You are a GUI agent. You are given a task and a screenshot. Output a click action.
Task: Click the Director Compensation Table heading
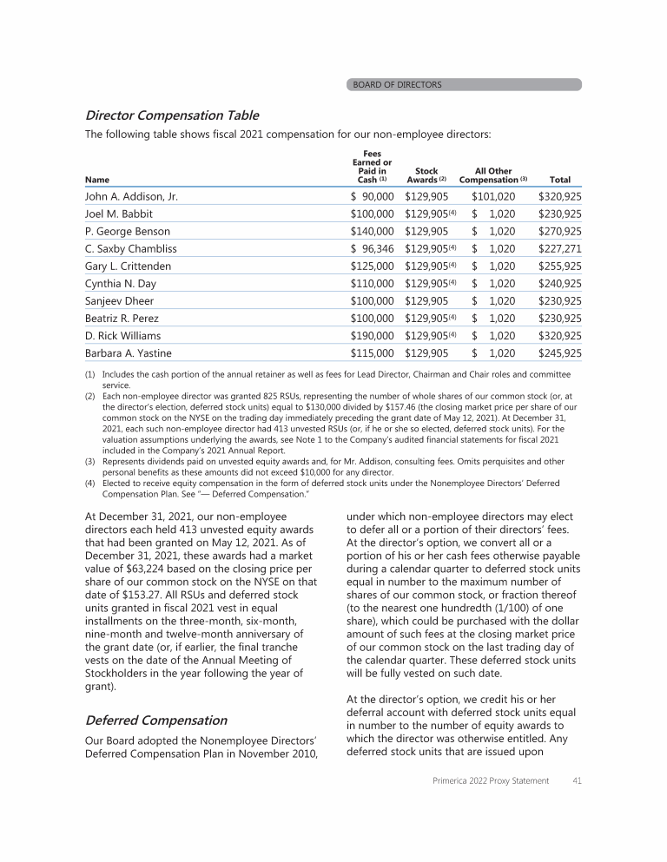(171, 115)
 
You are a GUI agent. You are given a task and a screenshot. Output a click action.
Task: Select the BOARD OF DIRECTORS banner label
(397, 85)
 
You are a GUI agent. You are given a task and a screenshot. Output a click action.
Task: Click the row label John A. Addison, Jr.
(131, 197)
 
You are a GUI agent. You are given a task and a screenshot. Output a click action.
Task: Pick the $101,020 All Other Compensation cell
(493, 197)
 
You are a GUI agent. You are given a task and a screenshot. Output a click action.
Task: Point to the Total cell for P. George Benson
(560, 232)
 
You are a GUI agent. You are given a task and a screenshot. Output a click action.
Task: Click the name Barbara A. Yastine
(129, 353)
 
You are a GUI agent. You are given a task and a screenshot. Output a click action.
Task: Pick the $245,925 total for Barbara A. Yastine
(560, 353)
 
